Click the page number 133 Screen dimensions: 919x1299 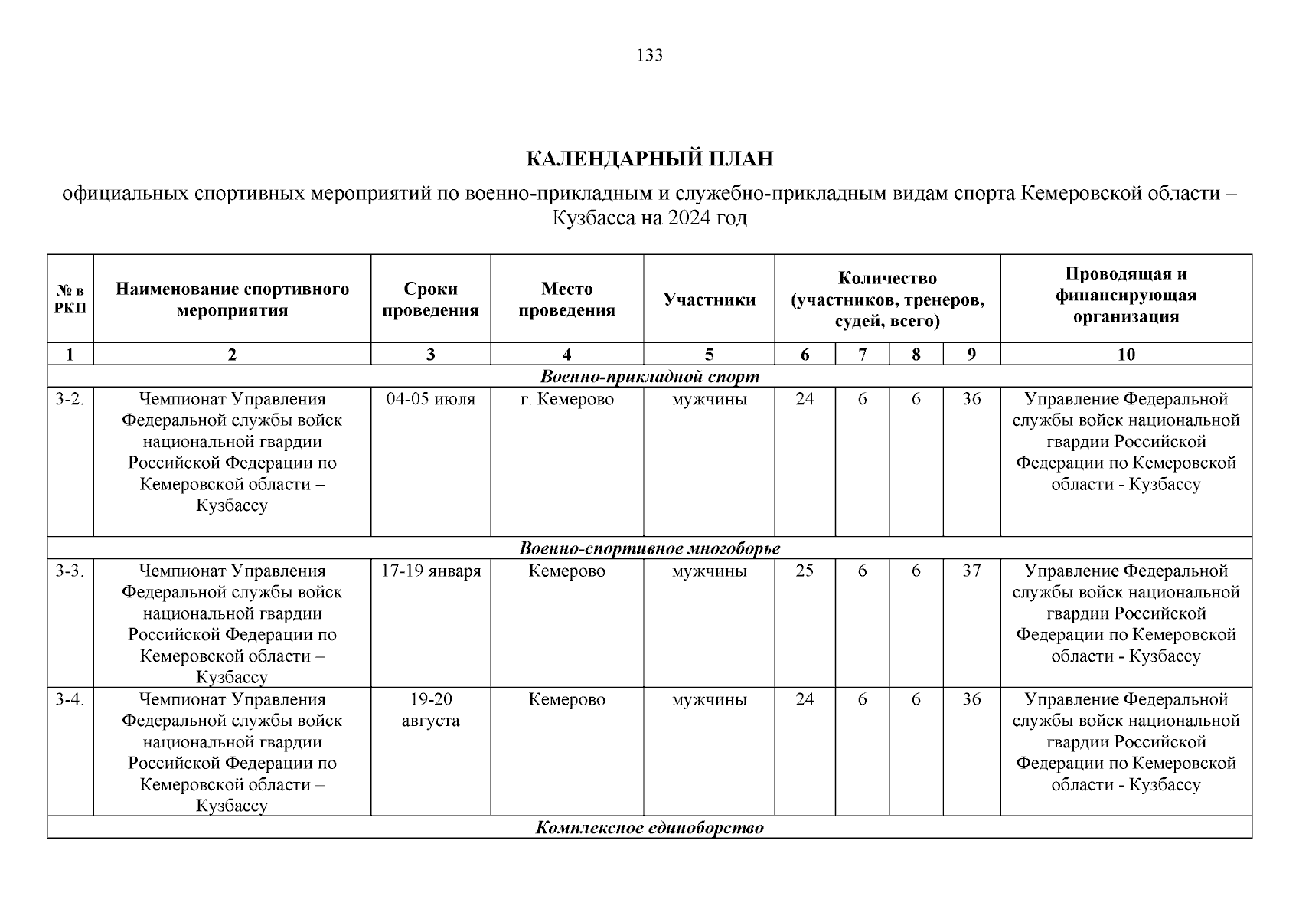click(x=649, y=55)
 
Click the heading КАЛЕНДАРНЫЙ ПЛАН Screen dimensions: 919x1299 click(x=649, y=159)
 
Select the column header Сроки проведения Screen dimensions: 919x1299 click(x=430, y=299)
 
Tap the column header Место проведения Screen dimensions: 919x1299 click(x=566, y=299)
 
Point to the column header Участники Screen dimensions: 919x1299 click(x=709, y=299)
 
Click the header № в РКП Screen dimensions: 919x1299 click(x=70, y=299)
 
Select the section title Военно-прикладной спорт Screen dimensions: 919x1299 click(x=649, y=377)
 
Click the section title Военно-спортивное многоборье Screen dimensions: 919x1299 click(x=649, y=548)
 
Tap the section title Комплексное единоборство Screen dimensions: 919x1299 click(x=649, y=828)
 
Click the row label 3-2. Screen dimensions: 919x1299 click(x=70, y=399)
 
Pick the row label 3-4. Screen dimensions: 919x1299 click(x=70, y=699)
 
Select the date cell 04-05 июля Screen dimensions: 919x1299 click(x=430, y=399)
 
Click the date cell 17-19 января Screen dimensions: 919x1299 click(x=430, y=571)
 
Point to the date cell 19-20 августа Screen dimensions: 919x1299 click(x=430, y=710)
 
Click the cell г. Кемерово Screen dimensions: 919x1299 click(x=566, y=399)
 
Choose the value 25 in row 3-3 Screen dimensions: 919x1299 click(x=805, y=571)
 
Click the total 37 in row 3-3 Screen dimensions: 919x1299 click(x=971, y=571)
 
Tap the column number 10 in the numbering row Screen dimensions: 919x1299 click(x=1126, y=355)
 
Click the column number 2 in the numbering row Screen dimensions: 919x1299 click(x=232, y=355)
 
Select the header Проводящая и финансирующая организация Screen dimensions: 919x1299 click(x=1126, y=296)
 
